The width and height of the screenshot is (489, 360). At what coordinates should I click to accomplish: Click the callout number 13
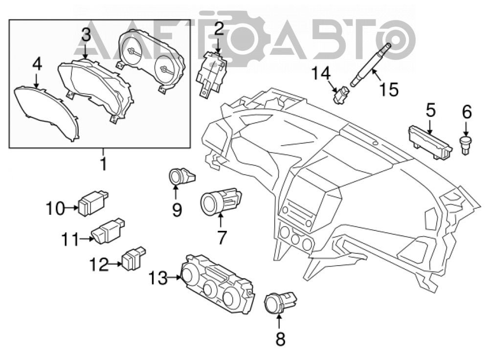point(158,277)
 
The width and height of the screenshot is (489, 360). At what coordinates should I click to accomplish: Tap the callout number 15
point(389,90)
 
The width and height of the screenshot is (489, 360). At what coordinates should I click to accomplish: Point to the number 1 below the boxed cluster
point(103,163)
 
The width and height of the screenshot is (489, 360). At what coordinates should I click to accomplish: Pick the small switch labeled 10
point(93,203)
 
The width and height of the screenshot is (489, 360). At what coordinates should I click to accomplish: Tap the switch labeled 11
point(108,231)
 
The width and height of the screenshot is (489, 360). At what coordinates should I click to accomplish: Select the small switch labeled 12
point(133,259)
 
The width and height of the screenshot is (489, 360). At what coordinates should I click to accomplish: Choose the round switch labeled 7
point(221,202)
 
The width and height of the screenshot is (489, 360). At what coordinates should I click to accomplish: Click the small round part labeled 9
point(182,176)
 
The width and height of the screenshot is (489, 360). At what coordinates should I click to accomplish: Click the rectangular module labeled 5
point(430,142)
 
